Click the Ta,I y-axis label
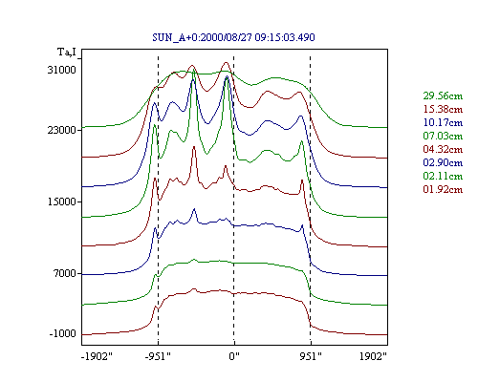pyautogui.click(x=67, y=52)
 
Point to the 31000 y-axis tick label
pyautogui.click(x=62, y=70)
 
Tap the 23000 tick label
pyautogui.click(x=62, y=130)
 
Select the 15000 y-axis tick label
pyautogui.click(x=62, y=202)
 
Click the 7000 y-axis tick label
pyautogui.click(x=65, y=273)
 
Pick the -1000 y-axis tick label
pyautogui.click(x=63, y=333)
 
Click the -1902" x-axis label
pyautogui.click(x=97, y=356)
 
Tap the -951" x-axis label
pyautogui.click(x=158, y=356)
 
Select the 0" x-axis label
pyautogui.click(x=234, y=356)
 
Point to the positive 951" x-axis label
pyautogui.click(x=311, y=356)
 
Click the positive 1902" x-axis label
pyautogui.click(x=373, y=356)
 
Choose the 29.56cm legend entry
pyautogui.click(x=443, y=95)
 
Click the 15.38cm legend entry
pyautogui.click(x=443, y=109)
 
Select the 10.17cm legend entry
pyautogui.click(x=443, y=122)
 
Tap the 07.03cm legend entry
pyautogui.click(x=443, y=136)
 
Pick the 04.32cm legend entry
pyautogui.click(x=443, y=149)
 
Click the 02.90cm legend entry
pyautogui.click(x=443, y=162)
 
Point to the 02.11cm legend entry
pyautogui.click(x=443, y=176)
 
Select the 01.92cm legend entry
pyautogui.click(x=443, y=189)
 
